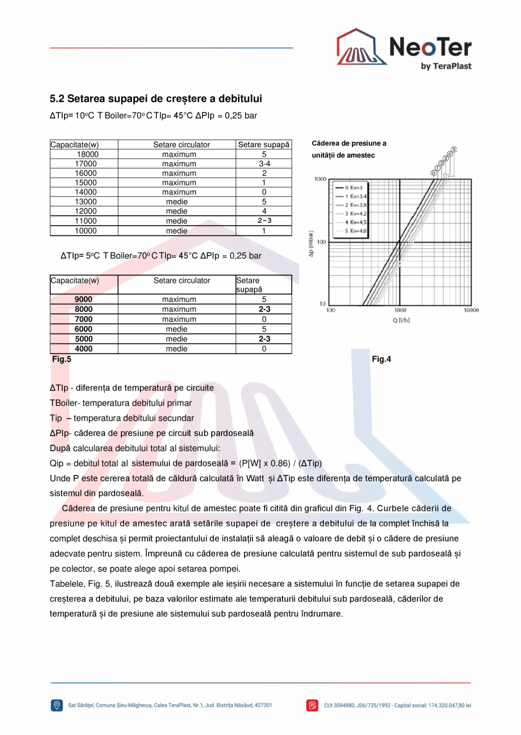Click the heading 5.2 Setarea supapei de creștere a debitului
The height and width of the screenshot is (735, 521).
[x=156, y=99]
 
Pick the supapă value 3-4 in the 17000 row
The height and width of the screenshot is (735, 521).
[x=264, y=164]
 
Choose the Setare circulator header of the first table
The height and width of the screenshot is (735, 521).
[x=181, y=145]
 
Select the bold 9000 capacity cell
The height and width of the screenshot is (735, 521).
[x=83, y=300]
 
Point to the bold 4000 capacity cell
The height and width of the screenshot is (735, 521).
[x=83, y=349]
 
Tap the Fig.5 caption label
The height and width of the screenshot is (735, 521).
[x=62, y=359]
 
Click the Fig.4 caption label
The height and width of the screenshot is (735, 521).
[x=381, y=359]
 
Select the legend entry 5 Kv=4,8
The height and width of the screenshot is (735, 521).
[x=354, y=231]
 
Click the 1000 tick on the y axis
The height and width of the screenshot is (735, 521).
[x=320, y=179]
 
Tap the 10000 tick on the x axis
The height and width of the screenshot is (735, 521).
[x=471, y=310]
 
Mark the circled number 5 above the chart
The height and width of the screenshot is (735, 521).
[x=454, y=150]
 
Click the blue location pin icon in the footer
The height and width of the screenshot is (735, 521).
[x=57, y=705]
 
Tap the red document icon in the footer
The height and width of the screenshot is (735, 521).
[x=313, y=705]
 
